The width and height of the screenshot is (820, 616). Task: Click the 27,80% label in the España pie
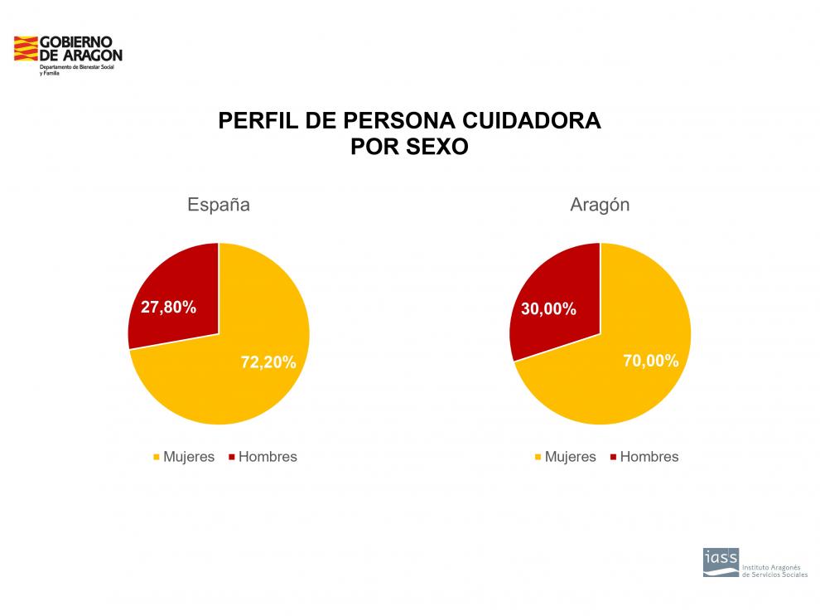coord(168,308)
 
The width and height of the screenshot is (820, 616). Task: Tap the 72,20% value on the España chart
coord(268,362)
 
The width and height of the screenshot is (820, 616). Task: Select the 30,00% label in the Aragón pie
coord(548,309)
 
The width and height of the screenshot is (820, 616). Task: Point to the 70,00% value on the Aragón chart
coord(650,361)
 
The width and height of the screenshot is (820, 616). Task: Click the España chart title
coord(218,205)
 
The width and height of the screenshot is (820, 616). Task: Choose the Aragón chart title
coord(600,205)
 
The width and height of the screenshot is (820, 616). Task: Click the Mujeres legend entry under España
coord(189,457)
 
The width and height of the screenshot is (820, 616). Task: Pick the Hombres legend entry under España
coord(268,457)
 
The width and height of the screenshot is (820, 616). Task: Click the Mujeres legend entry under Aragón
coord(570,457)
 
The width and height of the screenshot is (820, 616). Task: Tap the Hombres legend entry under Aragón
coord(649,457)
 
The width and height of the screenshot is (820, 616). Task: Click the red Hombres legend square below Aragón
coord(613,458)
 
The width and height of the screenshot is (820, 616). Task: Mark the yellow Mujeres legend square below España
coord(156,458)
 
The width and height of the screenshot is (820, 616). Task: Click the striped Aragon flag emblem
coord(26,49)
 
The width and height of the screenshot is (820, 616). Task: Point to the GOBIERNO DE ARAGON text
coord(80,49)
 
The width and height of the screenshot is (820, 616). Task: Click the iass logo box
coord(720,561)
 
